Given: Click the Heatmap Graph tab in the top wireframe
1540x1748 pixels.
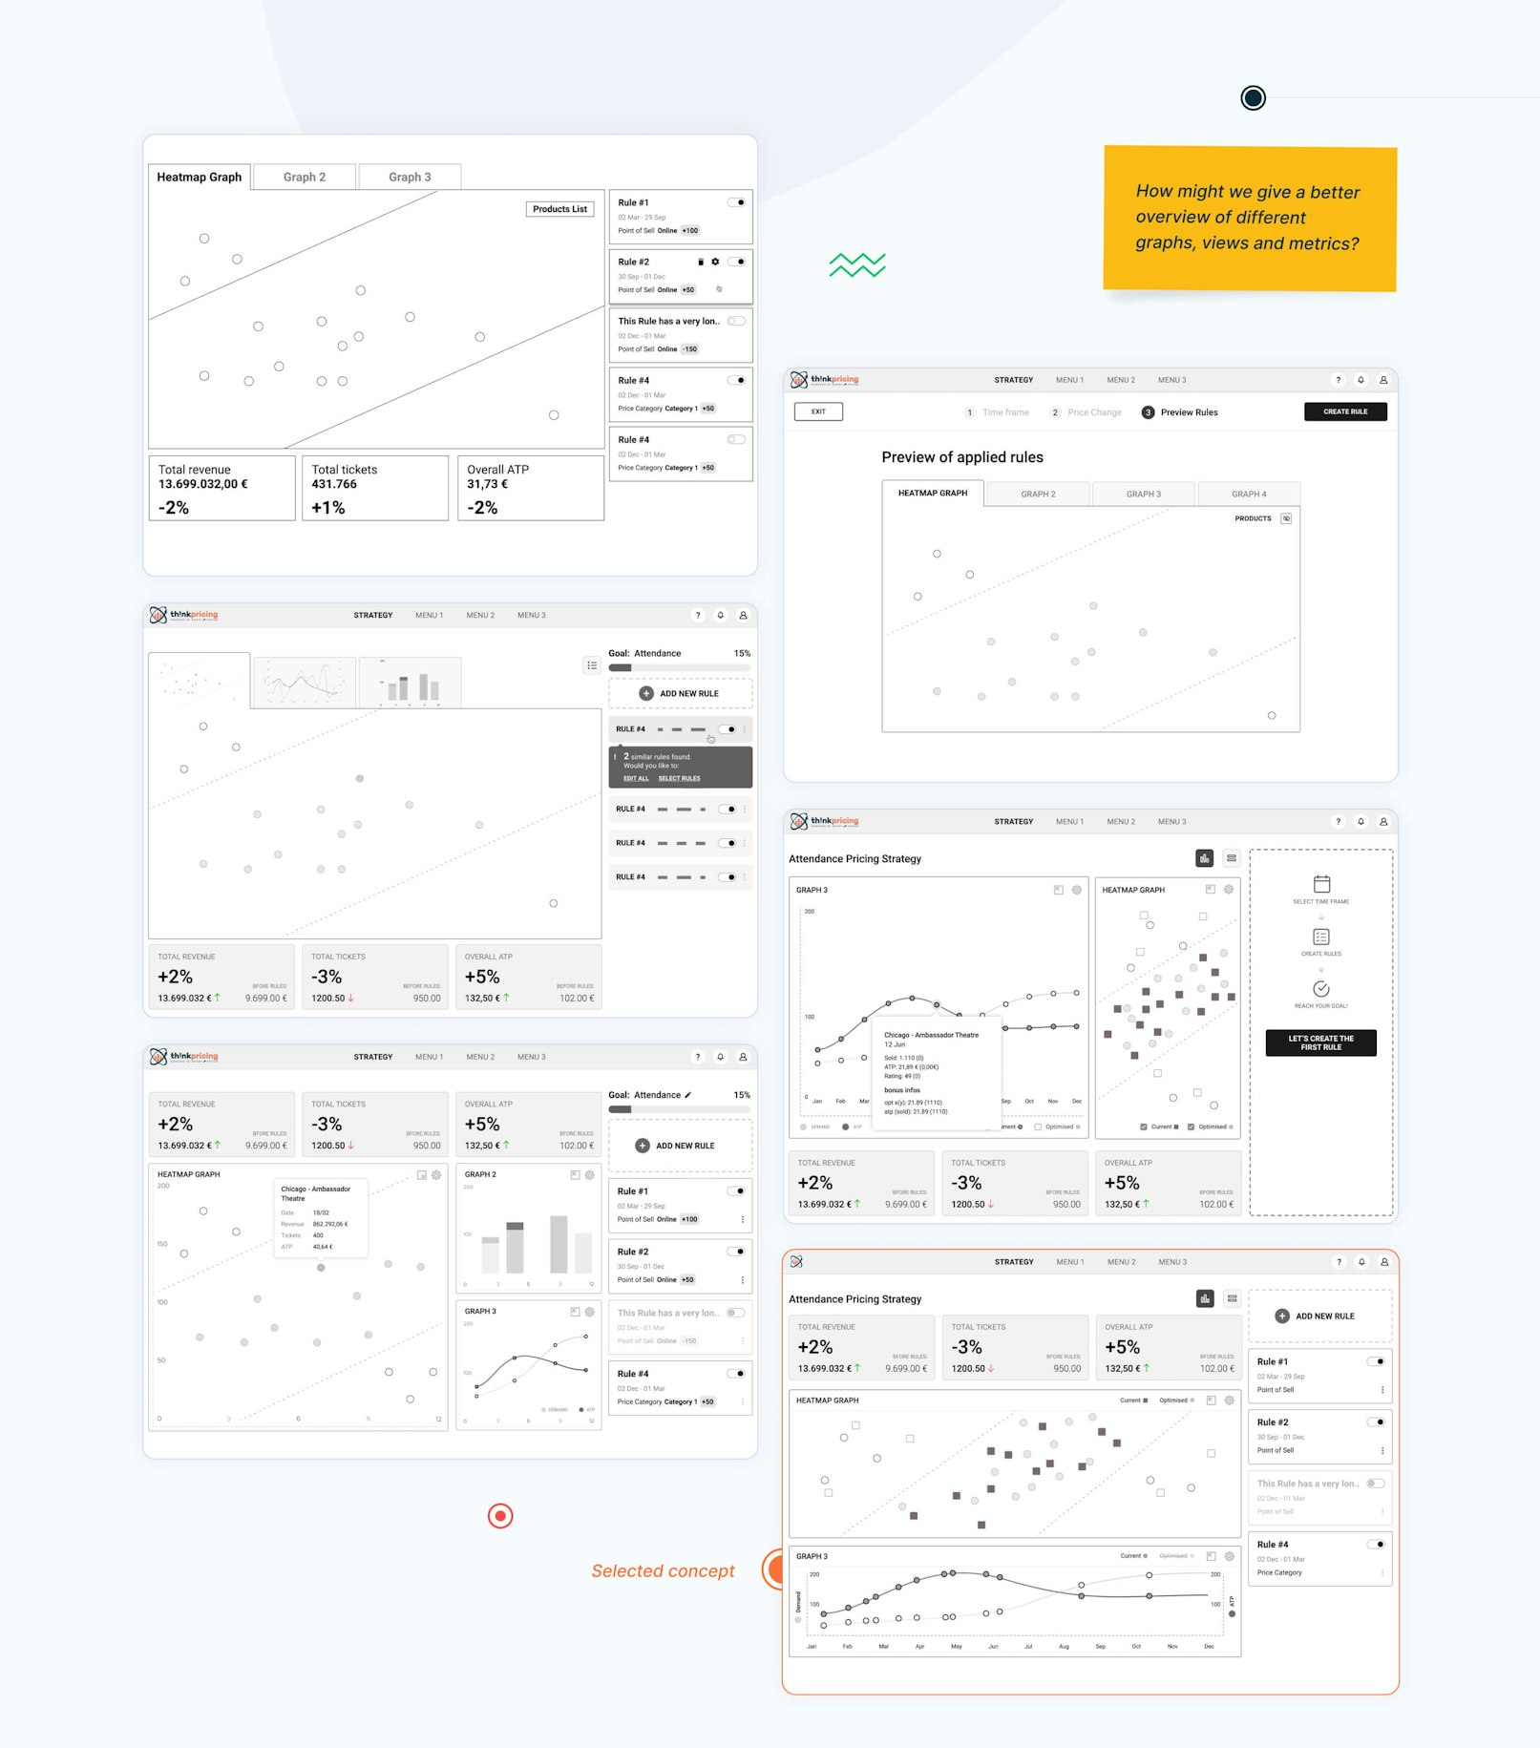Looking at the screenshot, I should click(x=200, y=177).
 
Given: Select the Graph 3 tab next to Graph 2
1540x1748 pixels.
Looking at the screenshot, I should click(x=410, y=177).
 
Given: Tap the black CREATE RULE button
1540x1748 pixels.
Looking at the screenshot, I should click(x=1344, y=411).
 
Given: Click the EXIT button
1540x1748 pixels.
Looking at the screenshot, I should click(x=818, y=411).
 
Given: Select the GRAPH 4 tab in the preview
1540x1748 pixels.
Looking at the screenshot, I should click(x=1248, y=494).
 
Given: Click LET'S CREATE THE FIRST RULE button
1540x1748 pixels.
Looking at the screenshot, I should click(x=1320, y=1042).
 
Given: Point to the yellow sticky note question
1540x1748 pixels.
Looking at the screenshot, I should click(x=1248, y=218).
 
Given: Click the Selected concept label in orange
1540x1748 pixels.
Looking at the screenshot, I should click(x=663, y=1571).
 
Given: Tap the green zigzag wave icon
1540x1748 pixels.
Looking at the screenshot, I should click(x=856, y=264).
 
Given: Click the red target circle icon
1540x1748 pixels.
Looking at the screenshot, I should click(x=500, y=1515).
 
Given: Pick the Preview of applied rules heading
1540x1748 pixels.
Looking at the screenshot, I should click(x=961, y=457).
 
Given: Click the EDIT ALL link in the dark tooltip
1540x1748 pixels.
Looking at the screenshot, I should click(x=636, y=778).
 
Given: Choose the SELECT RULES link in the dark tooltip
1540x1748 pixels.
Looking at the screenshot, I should click(x=679, y=778).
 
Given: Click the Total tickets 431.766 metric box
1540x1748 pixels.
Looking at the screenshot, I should click(x=374, y=488).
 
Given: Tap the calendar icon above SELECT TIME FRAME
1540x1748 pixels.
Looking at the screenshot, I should click(x=1321, y=884).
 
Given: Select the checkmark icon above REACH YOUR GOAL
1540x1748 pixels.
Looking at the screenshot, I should click(x=1321, y=989).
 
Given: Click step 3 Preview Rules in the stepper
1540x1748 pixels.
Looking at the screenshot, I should click(x=1180, y=412).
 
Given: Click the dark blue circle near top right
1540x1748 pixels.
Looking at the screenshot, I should click(x=1253, y=97).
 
